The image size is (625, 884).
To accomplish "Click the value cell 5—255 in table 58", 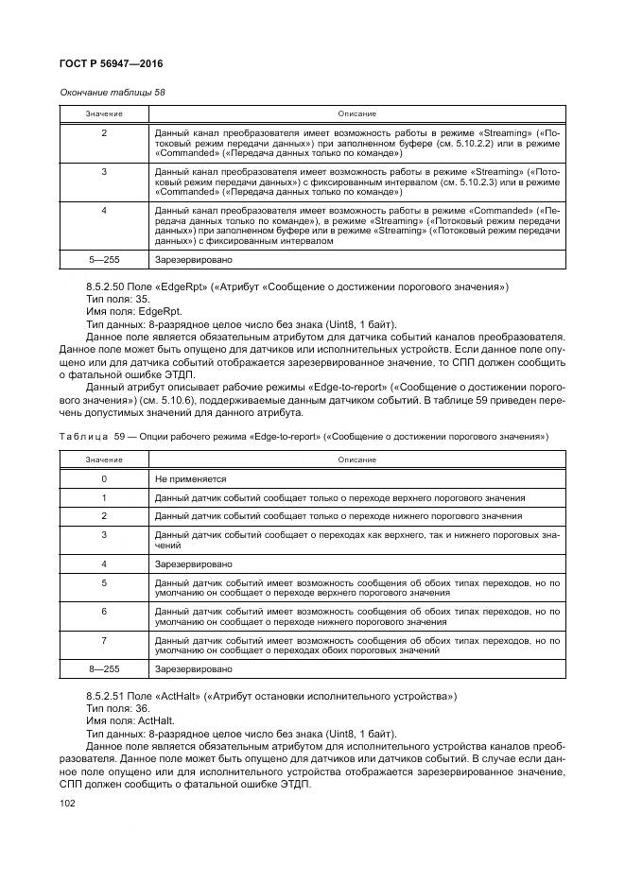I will pyautogui.click(x=104, y=257).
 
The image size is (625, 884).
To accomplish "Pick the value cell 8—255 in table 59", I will pyautogui.click(x=104, y=667).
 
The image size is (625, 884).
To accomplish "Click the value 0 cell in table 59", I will pyautogui.click(x=104, y=479).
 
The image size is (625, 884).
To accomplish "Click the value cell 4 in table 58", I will pyautogui.click(x=104, y=210).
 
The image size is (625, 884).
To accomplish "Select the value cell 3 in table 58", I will pyautogui.click(x=104, y=171).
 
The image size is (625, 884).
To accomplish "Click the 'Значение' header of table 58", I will pyautogui.click(x=104, y=113).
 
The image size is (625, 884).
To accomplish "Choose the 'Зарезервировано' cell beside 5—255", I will pyautogui.click(x=193, y=257).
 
